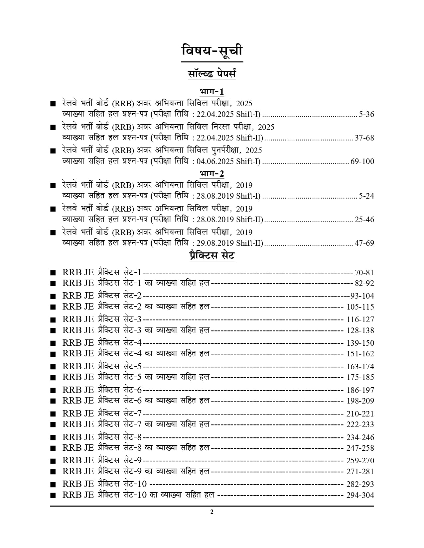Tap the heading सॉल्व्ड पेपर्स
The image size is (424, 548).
tap(212, 73)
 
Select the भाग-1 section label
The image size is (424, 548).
tap(212, 91)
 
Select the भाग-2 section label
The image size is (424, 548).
tap(212, 173)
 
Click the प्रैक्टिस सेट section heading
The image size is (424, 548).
tap(212, 256)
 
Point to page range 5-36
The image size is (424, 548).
tap(366, 115)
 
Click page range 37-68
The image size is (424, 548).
tap(364, 138)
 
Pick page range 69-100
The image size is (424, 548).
tap(362, 162)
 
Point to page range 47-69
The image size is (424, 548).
tap(364, 243)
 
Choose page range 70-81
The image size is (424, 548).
tap(364, 273)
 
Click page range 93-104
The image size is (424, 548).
tap(362, 296)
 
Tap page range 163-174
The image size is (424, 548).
tap(360, 367)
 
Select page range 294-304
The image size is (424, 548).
tap(360, 495)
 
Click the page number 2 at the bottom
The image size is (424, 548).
tap(212, 512)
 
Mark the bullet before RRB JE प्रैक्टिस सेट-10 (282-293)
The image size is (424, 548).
tap(52, 485)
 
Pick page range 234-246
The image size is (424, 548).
tap(360, 437)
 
